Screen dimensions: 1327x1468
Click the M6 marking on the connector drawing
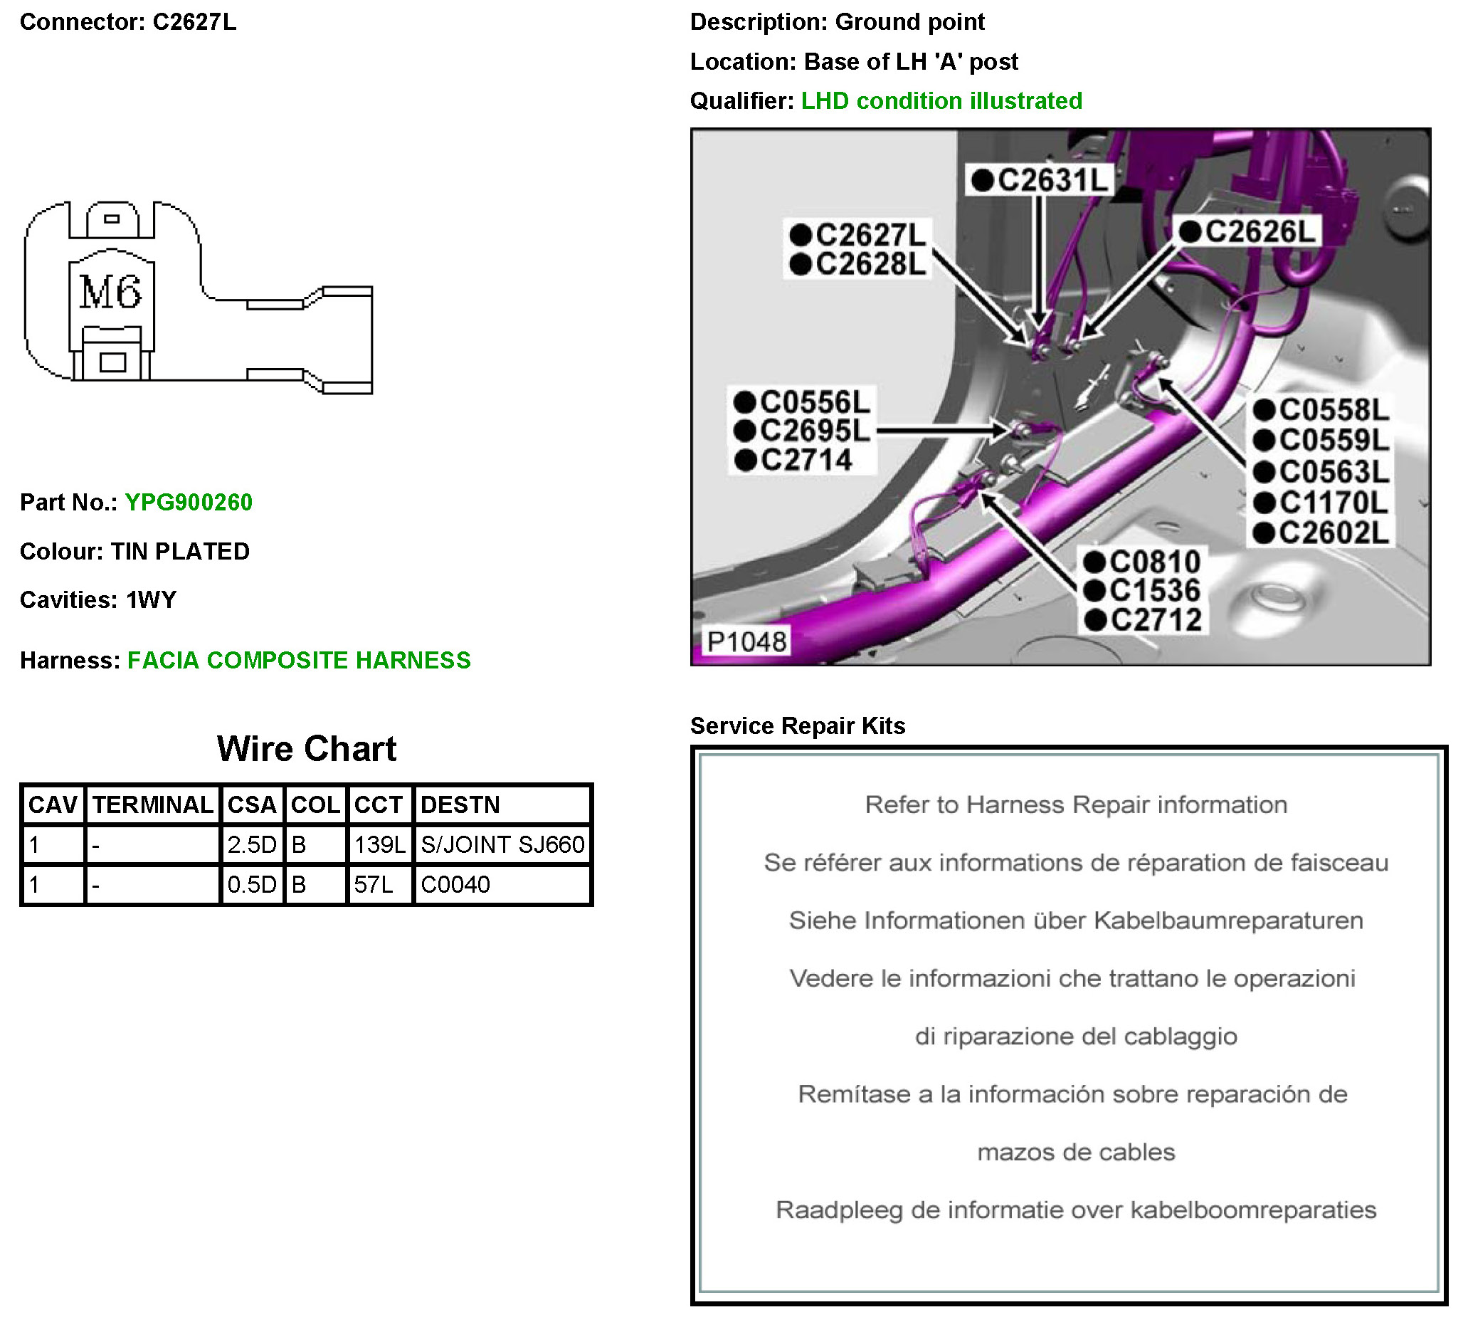click(110, 292)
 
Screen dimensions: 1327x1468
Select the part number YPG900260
click(189, 503)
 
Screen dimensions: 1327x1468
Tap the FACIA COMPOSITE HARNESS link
click(299, 661)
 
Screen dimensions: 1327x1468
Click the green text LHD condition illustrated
click(941, 100)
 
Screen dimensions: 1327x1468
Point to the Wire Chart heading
click(307, 749)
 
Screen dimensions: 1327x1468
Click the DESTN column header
click(460, 804)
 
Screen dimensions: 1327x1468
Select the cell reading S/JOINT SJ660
click(502, 845)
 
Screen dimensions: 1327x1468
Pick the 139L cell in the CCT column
click(379, 845)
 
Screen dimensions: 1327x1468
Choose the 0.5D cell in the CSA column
click(251, 885)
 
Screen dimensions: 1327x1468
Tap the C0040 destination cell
click(456, 885)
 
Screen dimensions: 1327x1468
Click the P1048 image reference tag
click(746, 641)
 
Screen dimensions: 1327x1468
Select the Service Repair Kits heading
click(798, 726)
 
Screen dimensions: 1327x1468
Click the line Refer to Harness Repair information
click(1075, 804)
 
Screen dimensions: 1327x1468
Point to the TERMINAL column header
click(153, 804)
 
